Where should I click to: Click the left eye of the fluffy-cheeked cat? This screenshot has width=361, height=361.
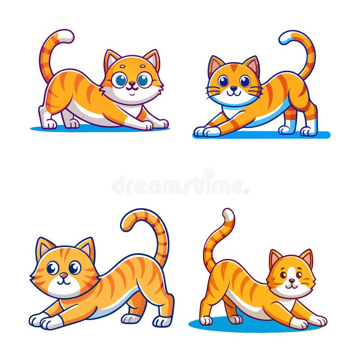click(120, 80)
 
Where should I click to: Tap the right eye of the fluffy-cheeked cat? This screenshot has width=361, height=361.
click(143, 80)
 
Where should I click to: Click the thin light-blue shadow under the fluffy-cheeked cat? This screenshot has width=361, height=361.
click(90, 129)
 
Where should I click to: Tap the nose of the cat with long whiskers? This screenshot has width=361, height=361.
click(234, 88)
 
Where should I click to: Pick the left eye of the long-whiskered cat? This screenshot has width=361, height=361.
click(223, 81)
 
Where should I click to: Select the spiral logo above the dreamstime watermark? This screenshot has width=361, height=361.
click(208, 173)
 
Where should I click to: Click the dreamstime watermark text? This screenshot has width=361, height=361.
click(180, 185)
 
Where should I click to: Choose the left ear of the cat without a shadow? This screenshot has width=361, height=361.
click(44, 248)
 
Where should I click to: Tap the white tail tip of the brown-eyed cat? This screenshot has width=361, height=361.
click(228, 215)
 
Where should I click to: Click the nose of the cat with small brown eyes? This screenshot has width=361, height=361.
click(292, 281)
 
